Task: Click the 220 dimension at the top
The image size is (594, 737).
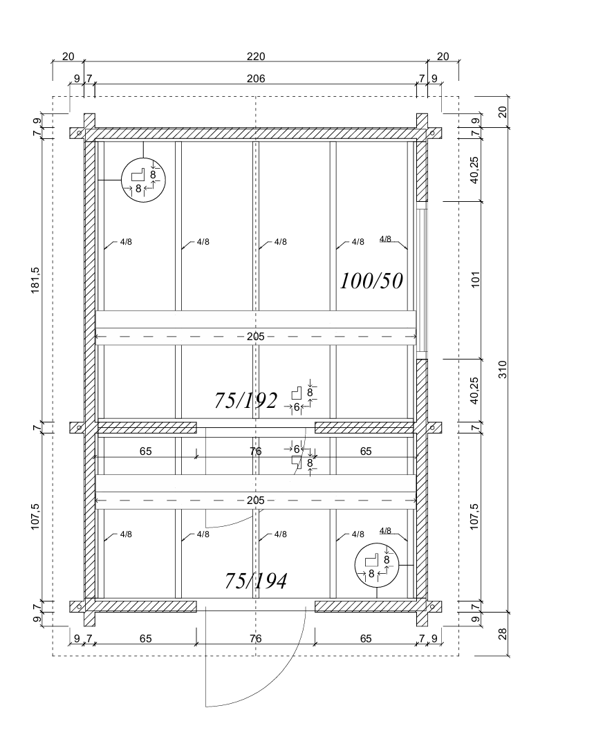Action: [256, 57]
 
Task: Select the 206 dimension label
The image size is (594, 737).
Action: [256, 79]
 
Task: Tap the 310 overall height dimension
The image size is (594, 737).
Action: [503, 369]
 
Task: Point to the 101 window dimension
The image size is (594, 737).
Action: [476, 279]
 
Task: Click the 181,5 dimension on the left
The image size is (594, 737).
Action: [36, 280]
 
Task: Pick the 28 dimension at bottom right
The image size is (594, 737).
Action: [503, 633]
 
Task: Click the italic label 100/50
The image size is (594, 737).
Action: [371, 281]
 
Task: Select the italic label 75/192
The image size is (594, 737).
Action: [245, 400]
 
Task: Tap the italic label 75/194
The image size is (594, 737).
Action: [256, 581]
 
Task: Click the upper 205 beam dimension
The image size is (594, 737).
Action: [256, 337]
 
